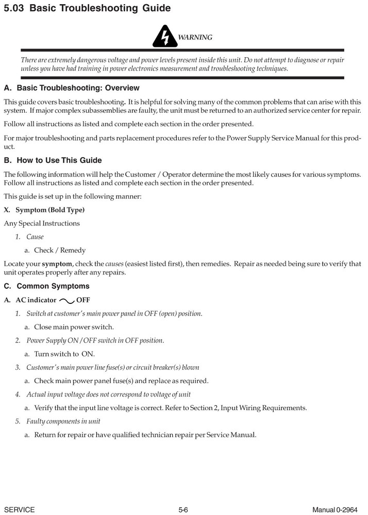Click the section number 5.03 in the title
[x=14, y=8]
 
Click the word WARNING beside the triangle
[x=195, y=37]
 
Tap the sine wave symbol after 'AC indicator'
[x=67, y=300]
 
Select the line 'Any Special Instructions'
[x=42, y=223]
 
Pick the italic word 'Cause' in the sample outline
[x=35, y=237]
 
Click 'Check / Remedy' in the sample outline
[x=60, y=250]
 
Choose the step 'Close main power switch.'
[x=74, y=327]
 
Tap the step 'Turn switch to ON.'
[x=64, y=354]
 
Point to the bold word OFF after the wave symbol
[x=83, y=300]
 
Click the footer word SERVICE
[x=19, y=510]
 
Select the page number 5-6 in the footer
[x=183, y=510]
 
